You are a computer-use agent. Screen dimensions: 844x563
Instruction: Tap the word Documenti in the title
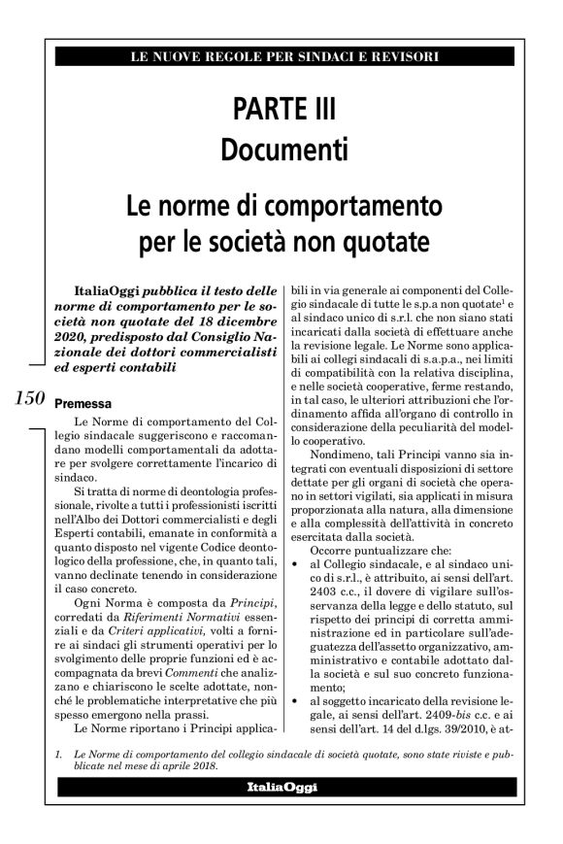[281, 151]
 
